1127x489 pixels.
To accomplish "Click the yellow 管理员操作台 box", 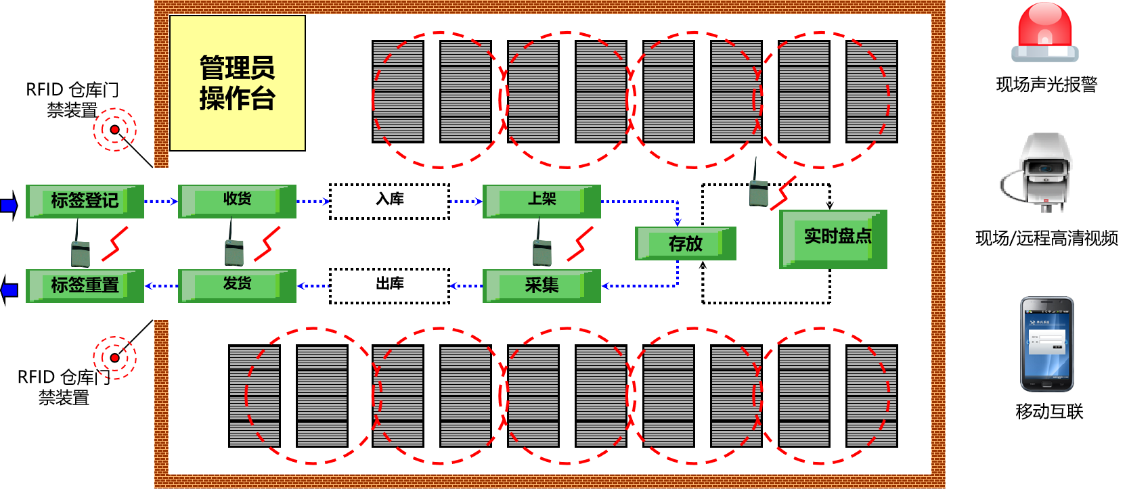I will point(237,83).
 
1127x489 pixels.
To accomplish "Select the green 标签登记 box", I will point(85,201).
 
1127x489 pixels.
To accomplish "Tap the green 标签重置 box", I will point(85,285).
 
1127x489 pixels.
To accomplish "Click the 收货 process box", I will point(237,201).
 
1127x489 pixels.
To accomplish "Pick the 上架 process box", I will point(542,201).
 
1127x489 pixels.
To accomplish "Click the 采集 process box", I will point(542,285).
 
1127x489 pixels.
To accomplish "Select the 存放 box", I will point(685,243).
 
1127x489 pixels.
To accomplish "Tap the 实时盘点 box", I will point(833,239).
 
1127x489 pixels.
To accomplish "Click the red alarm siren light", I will point(1044,32).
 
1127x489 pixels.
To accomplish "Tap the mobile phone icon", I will point(1046,344).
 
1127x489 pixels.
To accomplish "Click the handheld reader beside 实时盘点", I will point(759,189).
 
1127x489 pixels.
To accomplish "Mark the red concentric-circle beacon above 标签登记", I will point(114,129).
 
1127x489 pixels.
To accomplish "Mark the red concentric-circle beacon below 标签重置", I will point(114,358).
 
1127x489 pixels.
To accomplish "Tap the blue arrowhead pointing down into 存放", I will point(677,221).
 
